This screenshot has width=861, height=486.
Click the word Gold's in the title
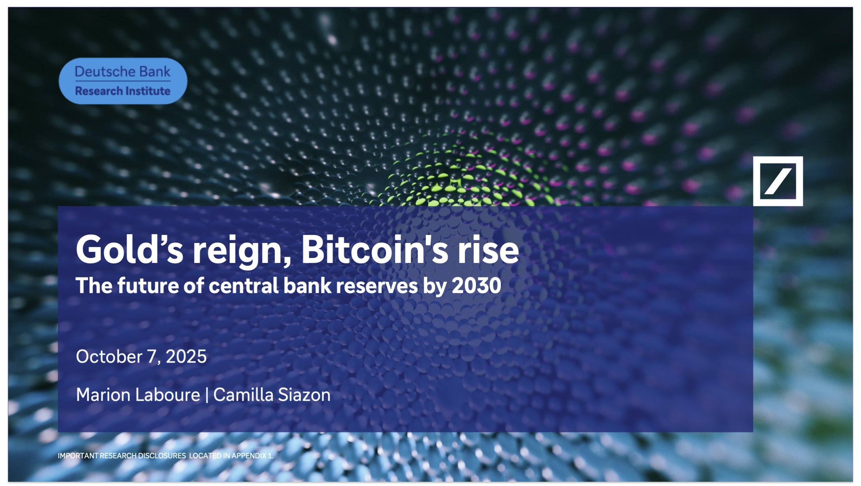129,249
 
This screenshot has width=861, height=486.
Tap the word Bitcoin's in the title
375,249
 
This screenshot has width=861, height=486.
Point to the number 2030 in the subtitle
476,285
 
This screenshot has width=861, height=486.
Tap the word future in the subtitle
148,285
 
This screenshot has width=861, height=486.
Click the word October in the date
109,357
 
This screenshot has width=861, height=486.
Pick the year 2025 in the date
186,357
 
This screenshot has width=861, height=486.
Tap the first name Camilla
243,395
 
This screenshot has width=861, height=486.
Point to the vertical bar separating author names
207,395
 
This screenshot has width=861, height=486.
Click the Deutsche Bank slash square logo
777,181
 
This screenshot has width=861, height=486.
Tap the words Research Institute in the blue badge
122,91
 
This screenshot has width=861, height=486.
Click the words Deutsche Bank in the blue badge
122,72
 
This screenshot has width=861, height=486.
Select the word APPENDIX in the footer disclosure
249,455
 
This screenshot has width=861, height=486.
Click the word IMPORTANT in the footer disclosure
78,455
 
